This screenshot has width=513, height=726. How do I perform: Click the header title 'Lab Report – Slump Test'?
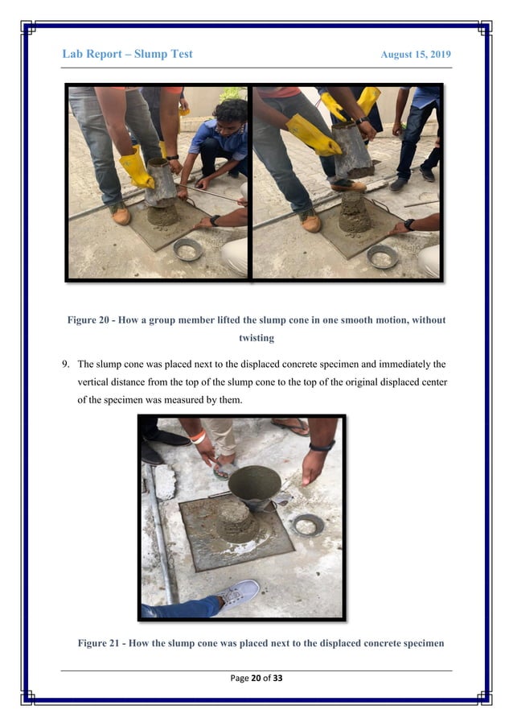point(127,54)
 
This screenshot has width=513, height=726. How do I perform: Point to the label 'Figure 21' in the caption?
point(102,642)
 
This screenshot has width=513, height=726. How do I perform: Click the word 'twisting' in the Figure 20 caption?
point(256,338)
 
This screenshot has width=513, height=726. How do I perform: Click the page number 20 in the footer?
point(257,679)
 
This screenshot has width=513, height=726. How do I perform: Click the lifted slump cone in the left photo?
point(161,184)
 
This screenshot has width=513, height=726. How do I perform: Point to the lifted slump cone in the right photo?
point(352,151)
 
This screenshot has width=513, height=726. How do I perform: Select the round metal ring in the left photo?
point(187,250)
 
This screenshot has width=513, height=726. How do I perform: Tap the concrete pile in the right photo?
point(354,212)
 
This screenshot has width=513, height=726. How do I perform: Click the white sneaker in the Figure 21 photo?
point(238,593)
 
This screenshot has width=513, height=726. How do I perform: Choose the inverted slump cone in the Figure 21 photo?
point(254,488)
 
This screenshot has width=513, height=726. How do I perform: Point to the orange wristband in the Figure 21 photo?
point(198,438)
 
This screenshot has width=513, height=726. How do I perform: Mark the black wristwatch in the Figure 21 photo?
point(322,445)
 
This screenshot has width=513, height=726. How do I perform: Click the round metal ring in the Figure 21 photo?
point(308,525)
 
